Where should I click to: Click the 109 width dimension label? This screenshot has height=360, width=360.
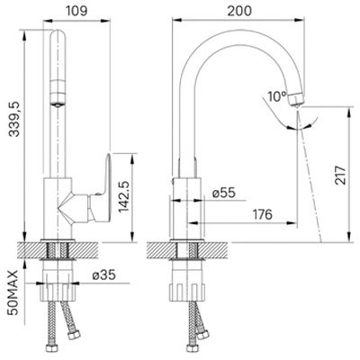[x=76, y=11]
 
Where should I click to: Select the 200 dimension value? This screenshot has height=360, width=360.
[x=239, y=11]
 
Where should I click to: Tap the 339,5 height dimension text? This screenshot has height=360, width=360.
[x=13, y=119]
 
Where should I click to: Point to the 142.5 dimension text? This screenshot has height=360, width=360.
[x=123, y=197]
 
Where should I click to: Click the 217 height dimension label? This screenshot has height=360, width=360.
[x=341, y=175]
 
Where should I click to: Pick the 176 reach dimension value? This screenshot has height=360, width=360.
[x=263, y=214]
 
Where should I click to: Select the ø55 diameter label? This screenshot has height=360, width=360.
[x=224, y=193]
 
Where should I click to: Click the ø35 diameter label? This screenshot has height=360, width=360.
[x=104, y=274]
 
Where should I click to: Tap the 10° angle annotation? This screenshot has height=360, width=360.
[x=277, y=96]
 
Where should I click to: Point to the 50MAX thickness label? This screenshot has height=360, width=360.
[x=13, y=292]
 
